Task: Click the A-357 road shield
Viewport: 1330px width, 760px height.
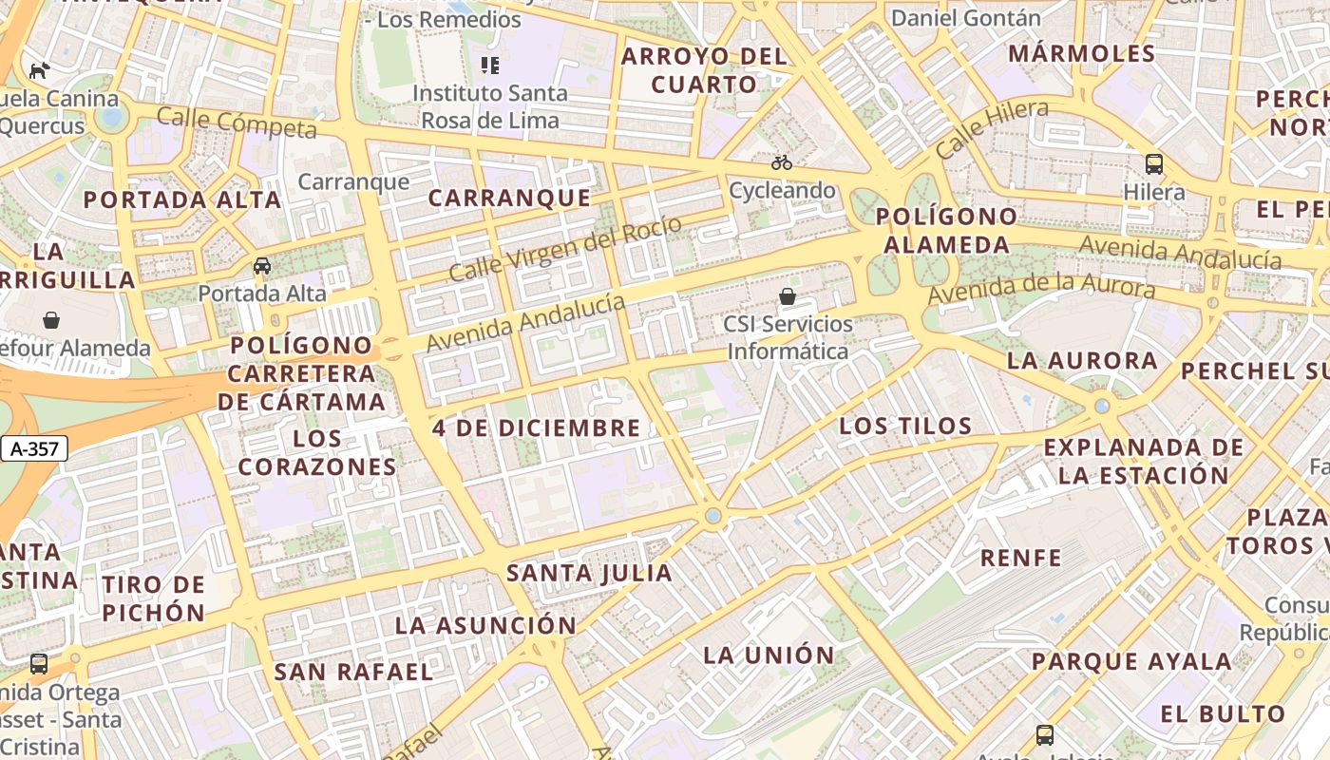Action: pos(36,449)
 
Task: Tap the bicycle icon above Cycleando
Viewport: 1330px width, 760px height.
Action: pos(782,162)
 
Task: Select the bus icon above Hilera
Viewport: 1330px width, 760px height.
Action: pos(1154,163)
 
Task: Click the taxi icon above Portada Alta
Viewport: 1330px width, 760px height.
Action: pos(262,266)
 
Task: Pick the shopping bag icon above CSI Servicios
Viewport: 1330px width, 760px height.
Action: pos(788,296)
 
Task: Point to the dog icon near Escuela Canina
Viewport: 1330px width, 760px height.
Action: pos(39,70)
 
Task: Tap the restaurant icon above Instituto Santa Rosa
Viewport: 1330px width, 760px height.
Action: pos(490,66)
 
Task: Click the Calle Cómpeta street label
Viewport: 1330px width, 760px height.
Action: pos(237,122)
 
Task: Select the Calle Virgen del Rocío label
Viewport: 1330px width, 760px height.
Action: pos(564,249)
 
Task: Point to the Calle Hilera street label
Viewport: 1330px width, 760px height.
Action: pos(992,129)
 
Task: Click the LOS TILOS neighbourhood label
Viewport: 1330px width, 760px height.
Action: pos(905,426)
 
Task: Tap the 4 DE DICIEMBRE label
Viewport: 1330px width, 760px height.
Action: pos(537,427)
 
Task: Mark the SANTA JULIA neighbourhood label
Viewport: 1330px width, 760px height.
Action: pos(589,573)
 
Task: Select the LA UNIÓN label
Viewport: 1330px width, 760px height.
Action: pos(769,655)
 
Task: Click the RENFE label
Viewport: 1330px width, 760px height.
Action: pos(1021,558)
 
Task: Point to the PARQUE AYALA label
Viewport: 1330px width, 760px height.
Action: pos(1131,661)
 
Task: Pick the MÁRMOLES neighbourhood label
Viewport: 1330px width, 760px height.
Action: pos(1081,53)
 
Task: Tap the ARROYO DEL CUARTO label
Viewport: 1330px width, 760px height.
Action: pos(704,69)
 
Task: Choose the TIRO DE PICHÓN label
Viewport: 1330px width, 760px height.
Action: pos(153,598)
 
